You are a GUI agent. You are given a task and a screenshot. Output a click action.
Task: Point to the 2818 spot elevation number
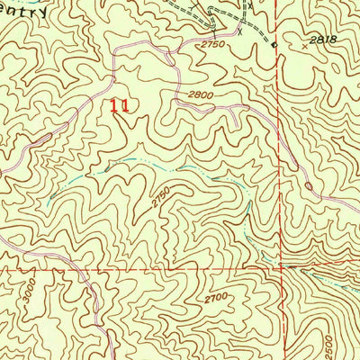point(310,41)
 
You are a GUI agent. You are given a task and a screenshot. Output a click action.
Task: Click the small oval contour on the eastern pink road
point(309,186)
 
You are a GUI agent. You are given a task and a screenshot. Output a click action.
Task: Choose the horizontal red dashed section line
point(135,266)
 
